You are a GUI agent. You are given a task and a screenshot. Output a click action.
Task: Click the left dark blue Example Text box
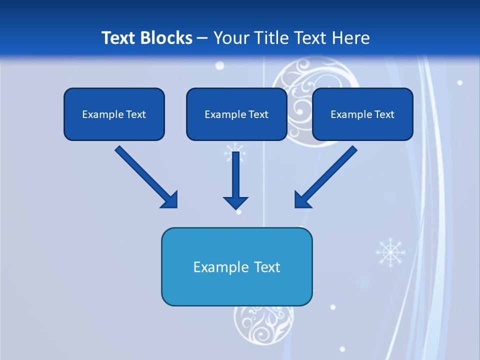pos(114,114)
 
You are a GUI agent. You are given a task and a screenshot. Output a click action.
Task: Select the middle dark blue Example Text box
pos(236,114)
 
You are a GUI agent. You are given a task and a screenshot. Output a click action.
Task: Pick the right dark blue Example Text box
pos(362,114)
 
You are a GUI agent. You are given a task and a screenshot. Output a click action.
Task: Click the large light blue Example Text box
pos(236,267)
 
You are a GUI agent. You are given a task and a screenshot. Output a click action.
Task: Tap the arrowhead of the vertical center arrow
pos(235,202)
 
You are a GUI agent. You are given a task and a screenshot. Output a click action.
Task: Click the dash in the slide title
pos(202,38)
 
